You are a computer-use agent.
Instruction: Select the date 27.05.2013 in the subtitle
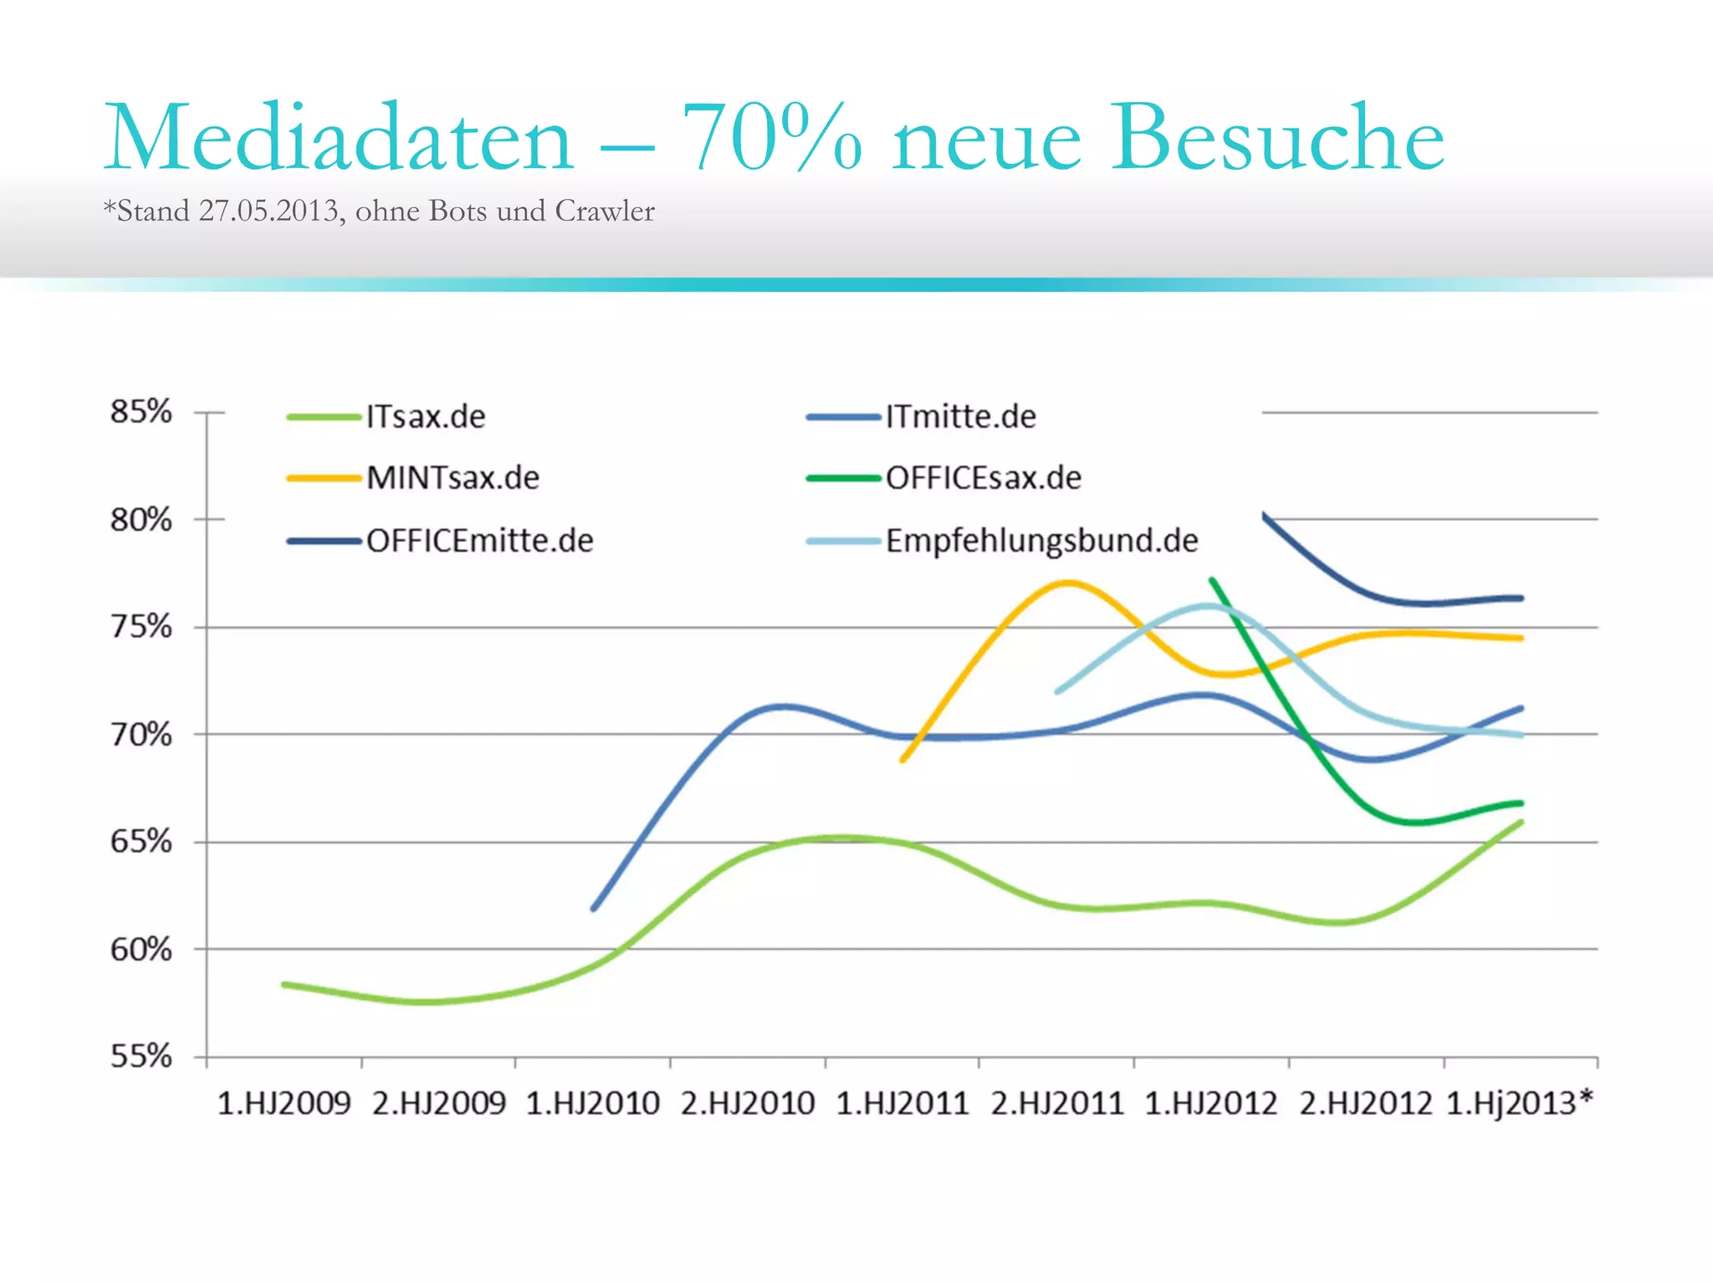268,211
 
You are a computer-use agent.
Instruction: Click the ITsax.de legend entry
425,416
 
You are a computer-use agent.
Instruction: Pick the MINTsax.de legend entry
453,478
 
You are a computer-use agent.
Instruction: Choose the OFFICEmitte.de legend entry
479,541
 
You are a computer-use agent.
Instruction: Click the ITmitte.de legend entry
960,416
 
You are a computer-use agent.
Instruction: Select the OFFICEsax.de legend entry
983,478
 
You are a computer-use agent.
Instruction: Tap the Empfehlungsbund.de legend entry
1041,541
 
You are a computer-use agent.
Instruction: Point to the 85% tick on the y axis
141,412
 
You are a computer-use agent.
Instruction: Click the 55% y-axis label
141,1057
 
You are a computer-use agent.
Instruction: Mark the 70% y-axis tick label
141,735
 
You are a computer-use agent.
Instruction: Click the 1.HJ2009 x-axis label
284,1104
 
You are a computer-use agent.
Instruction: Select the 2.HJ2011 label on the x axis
1057,1104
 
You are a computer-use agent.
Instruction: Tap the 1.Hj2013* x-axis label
1519,1104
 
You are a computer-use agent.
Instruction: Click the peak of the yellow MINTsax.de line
1066,583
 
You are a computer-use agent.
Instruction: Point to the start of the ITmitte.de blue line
594,908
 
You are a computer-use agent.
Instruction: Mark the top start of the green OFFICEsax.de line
1212,579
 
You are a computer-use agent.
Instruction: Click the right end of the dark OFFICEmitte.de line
1520,599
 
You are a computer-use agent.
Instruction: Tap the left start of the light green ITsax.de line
285,985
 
